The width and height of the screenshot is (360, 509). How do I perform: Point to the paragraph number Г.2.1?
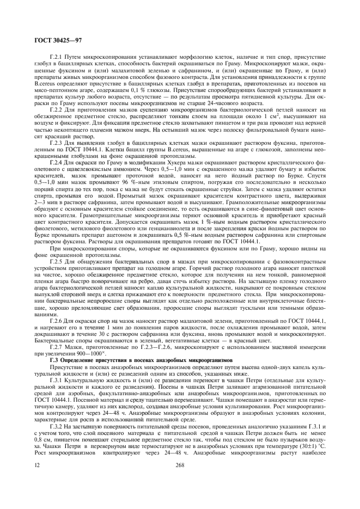click(57, 57)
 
